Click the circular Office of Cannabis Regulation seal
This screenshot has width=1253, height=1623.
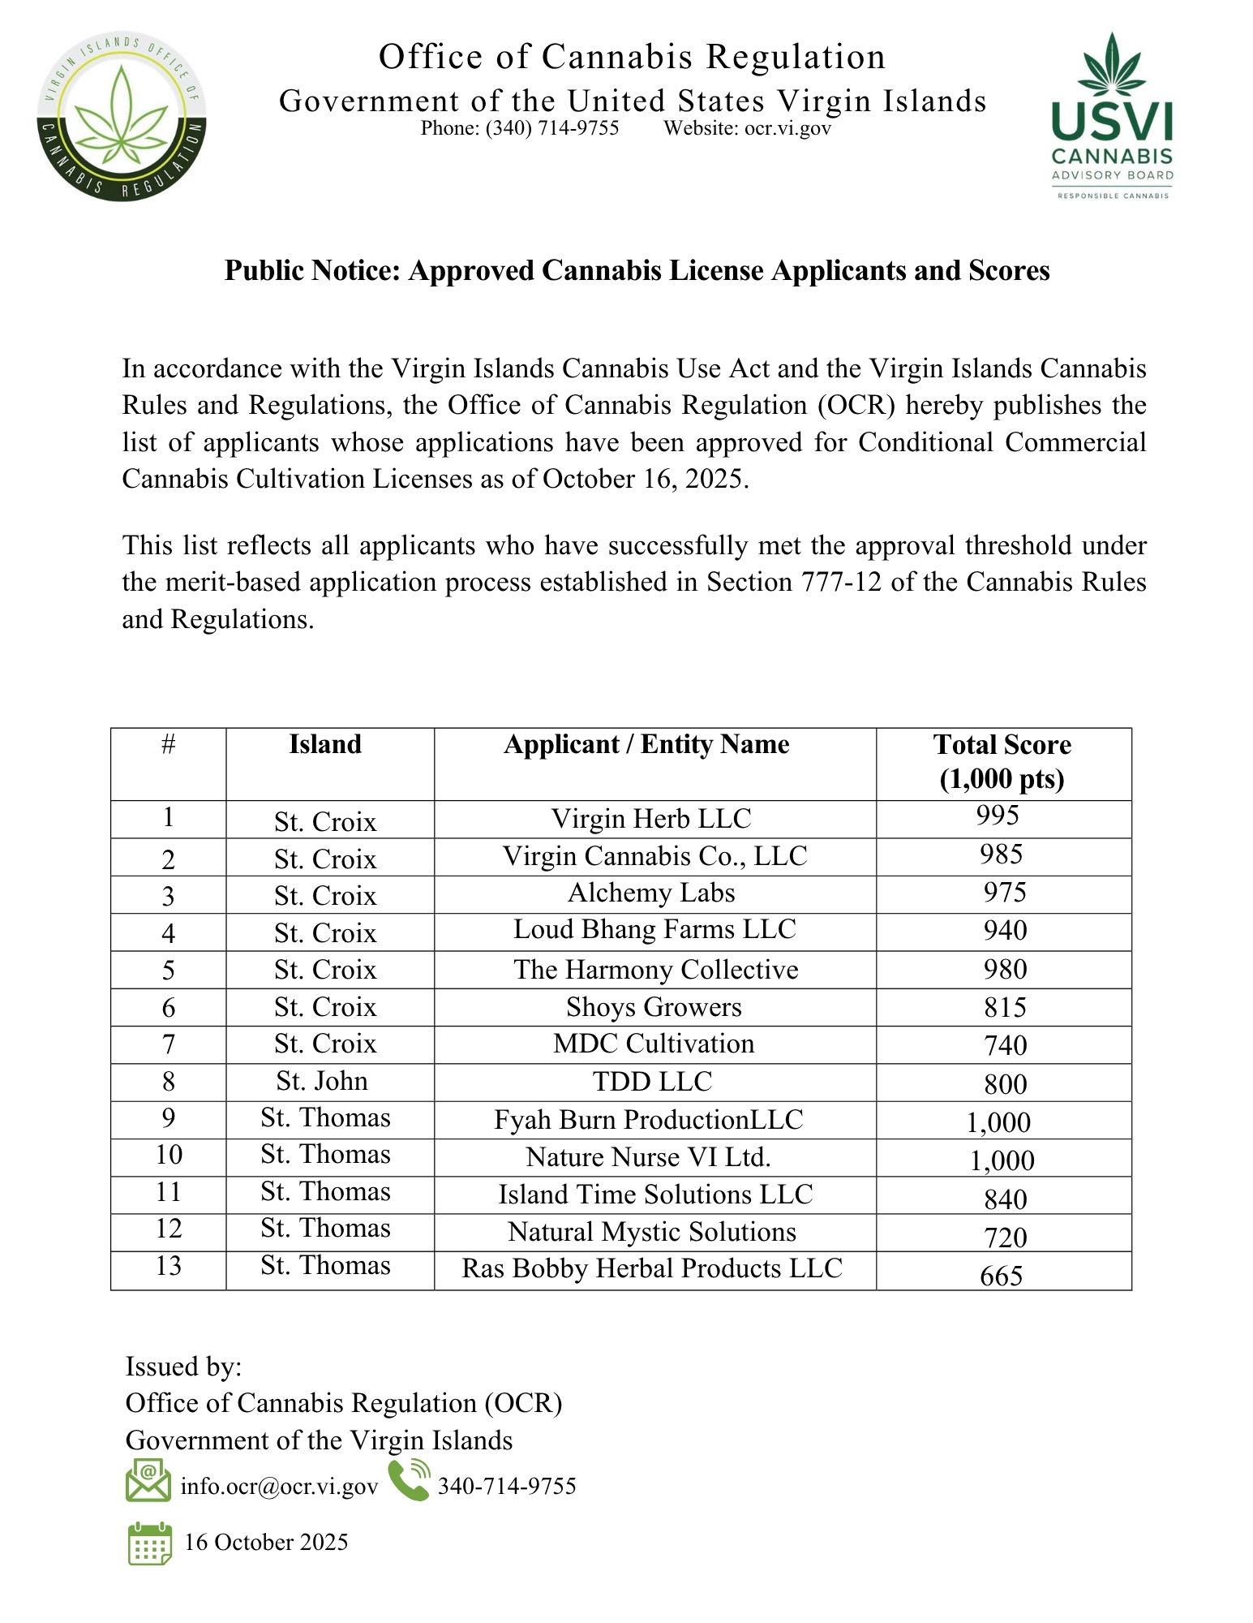[121, 118]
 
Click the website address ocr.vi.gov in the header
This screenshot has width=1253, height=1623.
[787, 128]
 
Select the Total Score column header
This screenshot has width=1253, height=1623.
[1002, 761]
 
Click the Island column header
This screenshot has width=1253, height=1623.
[325, 744]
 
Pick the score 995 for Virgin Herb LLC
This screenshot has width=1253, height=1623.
[998, 816]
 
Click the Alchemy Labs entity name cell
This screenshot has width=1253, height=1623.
[651, 893]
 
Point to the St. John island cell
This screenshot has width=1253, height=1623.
[322, 1081]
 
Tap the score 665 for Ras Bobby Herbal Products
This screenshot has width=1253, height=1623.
[1001, 1276]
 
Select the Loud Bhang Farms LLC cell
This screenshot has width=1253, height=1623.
[654, 929]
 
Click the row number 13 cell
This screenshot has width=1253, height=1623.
[169, 1266]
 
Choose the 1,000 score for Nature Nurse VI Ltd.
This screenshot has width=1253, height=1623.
[1002, 1160]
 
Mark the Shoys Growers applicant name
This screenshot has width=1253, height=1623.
[654, 1007]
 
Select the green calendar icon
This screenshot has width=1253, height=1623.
[149, 1543]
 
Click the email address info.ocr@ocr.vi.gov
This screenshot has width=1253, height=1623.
[279, 1486]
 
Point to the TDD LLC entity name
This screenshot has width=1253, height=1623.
[652, 1082]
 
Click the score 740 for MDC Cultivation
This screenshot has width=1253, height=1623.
[1005, 1045]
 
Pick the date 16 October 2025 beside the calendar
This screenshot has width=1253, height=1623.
[266, 1542]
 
